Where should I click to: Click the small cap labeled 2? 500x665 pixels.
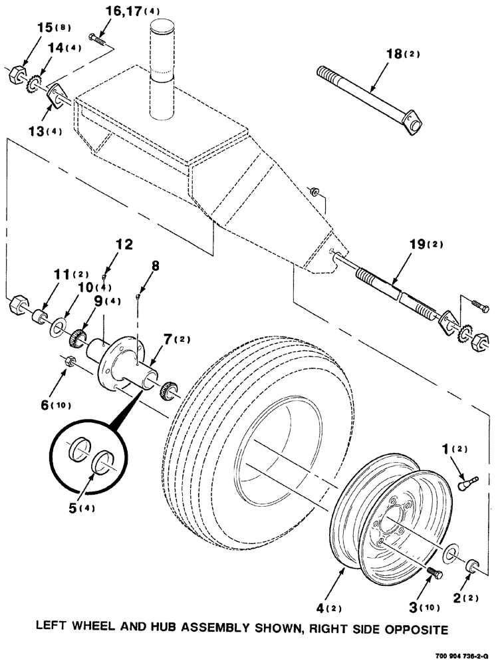click(475, 565)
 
